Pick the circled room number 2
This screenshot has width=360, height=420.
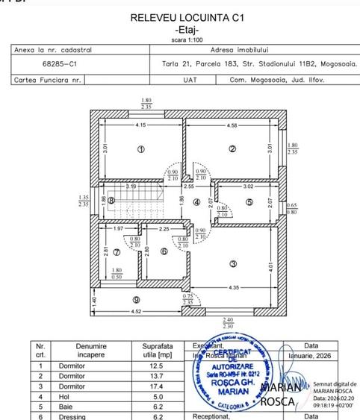tap(232, 149)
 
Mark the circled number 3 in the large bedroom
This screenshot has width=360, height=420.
tap(233, 263)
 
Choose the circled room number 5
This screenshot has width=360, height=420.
tap(249, 201)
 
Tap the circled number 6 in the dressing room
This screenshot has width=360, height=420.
tap(164, 251)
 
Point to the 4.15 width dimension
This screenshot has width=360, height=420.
tap(140, 125)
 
